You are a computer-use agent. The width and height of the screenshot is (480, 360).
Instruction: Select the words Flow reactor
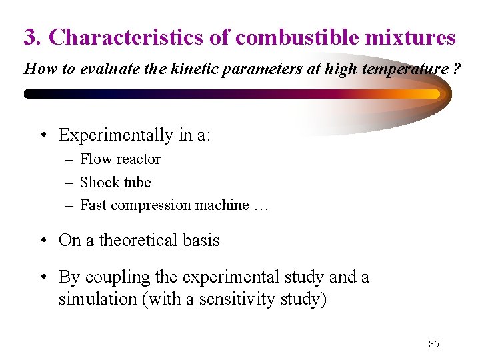pos(120,159)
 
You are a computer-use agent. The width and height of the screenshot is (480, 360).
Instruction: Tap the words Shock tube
pos(115,182)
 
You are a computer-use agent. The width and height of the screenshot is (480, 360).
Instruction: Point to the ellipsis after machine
pos(261,207)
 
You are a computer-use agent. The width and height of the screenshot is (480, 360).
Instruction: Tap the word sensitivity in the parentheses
pos(248,299)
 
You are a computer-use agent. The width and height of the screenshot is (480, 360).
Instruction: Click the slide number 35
pos(434,344)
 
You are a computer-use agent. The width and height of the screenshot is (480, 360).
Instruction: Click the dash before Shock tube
pos(69,183)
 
